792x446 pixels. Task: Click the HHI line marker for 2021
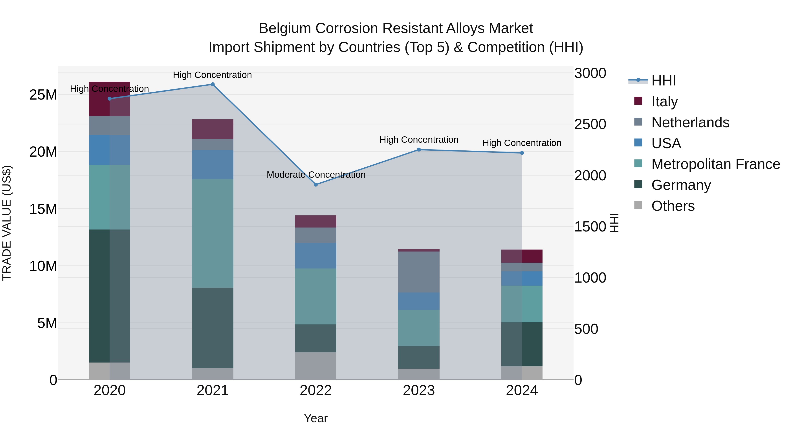[x=213, y=84]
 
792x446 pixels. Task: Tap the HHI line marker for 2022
[x=316, y=185]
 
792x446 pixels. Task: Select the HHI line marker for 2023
[x=419, y=150]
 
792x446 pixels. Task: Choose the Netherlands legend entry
[x=690, y=122]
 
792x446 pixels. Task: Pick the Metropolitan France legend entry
[x=715, y=164]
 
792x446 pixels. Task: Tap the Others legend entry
[x=673, y=206]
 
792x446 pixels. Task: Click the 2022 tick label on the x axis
[x=316, y=390]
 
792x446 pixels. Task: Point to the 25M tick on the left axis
[x=43, y=94]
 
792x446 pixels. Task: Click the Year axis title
[x=316, y=418]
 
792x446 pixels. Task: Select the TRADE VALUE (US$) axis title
[x=7, y=223]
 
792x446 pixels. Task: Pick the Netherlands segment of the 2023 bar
[x=419, y=272]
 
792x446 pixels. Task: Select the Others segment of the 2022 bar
[x=316, y=366]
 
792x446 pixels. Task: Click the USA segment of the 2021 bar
[x=213, y=165]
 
